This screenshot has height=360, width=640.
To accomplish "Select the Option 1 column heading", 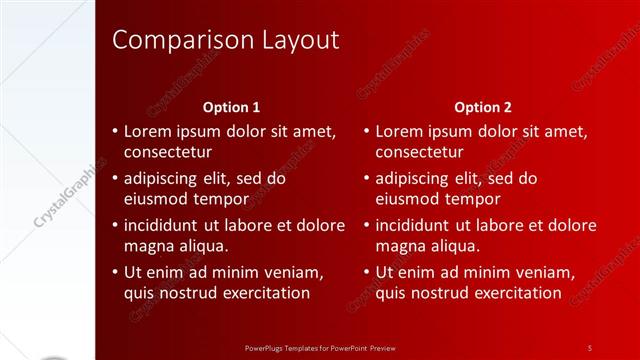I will click(231, 107).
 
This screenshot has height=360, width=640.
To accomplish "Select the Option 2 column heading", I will click(482, 107).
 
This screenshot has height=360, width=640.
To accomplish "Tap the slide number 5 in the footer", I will click(590, 347).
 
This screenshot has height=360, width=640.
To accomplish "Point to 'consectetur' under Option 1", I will click(167, 153).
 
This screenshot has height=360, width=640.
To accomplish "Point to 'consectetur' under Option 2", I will click(419, 153).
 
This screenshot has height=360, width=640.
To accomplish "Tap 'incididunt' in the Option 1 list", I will click(168, 225).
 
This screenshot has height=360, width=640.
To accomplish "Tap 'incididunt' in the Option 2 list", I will click(420, 225).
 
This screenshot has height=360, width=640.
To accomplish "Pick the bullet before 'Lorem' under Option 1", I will click(115, 131).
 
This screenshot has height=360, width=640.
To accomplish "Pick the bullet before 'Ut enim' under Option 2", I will click(367, 271).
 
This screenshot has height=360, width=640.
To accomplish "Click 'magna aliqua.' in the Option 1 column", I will click(175, 246).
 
